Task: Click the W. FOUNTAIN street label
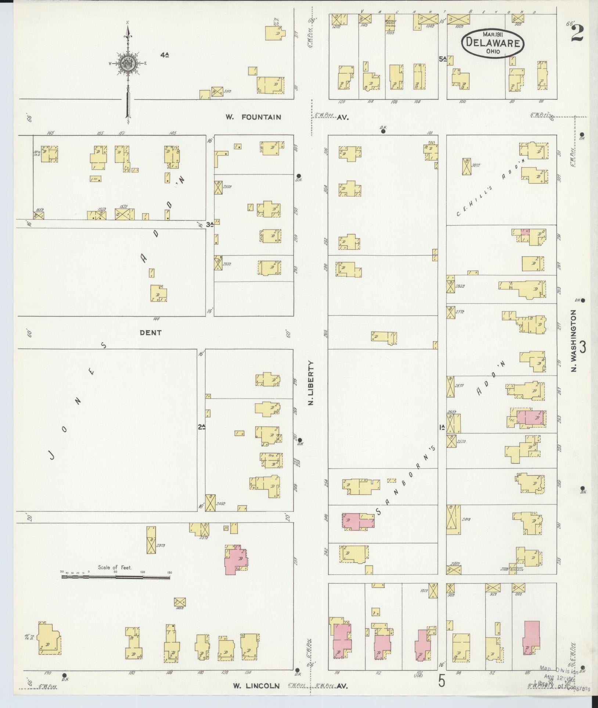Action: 253,117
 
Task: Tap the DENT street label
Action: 151,333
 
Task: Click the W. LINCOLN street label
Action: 256,686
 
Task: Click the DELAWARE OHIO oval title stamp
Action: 493,43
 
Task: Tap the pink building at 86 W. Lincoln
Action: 531,638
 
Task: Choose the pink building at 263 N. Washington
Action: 530,419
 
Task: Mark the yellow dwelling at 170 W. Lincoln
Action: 49,639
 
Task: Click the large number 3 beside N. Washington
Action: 583,346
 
